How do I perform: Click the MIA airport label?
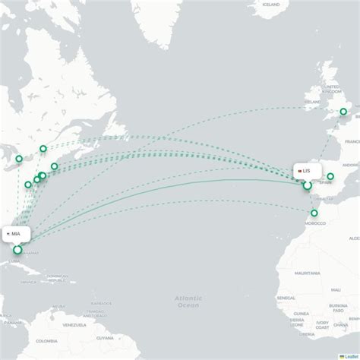14,234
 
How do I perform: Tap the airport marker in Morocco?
314,213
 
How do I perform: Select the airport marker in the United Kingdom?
343,112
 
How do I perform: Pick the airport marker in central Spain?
330,176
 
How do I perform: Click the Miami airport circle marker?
17,249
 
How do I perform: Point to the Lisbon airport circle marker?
307,185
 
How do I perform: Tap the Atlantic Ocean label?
188,301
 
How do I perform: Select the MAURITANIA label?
308,273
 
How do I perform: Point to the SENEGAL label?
286,298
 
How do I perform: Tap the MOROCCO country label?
314,223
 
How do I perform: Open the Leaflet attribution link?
350,355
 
